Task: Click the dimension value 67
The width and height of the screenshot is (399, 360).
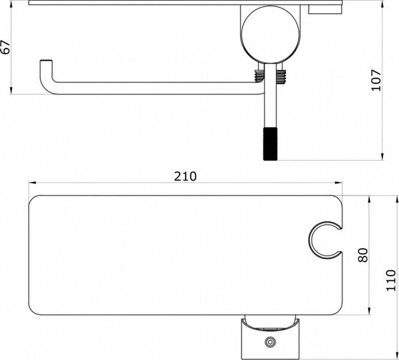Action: (x=6, y=47)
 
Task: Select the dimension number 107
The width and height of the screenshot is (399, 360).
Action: (x=377, y=80)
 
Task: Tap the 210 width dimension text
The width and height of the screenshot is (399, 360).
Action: (x=185, y=176)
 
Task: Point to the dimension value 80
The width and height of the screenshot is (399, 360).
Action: (x=362, y=255)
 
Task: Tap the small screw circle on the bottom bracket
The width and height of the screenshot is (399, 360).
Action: (x=269, y=343)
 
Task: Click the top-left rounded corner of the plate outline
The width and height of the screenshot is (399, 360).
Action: (x=34, y=199)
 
